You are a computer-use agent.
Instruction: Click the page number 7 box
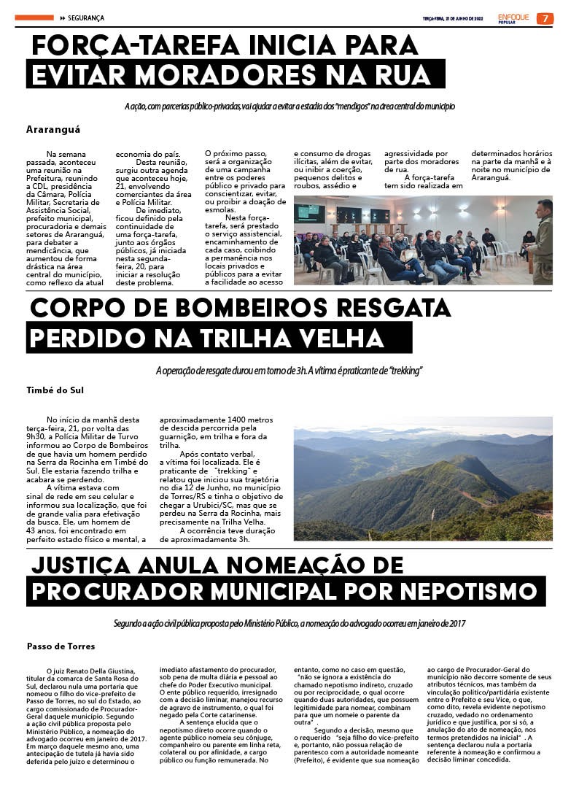tap(545, 18)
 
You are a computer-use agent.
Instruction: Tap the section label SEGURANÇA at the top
tap(87, 18)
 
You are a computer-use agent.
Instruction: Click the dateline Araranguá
tap(53, 129)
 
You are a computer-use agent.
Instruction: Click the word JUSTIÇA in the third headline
tap(88, 564)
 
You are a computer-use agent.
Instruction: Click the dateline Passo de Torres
tap(61, 646)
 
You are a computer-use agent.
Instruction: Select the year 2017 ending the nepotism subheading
tap(457, 624)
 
